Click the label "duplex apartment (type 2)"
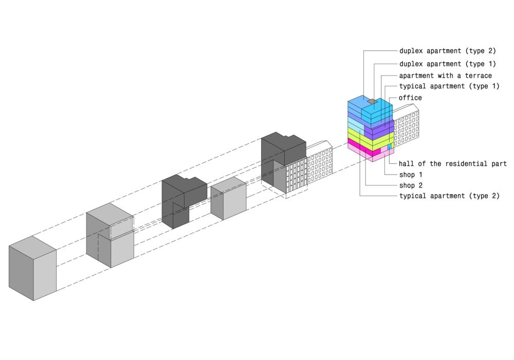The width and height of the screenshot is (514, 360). (447, 51)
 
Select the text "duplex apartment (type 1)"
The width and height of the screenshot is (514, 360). (447, 64)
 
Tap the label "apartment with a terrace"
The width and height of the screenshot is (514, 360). (445, 76)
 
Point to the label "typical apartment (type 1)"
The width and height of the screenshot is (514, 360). (449, 86)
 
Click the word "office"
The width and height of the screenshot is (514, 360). (410, 98)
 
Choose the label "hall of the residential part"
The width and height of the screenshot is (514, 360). (452, 164)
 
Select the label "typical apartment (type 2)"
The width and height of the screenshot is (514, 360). (449, 196)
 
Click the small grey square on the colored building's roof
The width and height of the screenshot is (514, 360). (373, 102)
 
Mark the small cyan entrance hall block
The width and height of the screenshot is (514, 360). (390, 147)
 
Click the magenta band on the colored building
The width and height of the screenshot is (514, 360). (362, 149)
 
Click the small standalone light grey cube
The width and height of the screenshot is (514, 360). (228, 198)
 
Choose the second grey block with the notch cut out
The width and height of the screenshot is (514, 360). (109, 236)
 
